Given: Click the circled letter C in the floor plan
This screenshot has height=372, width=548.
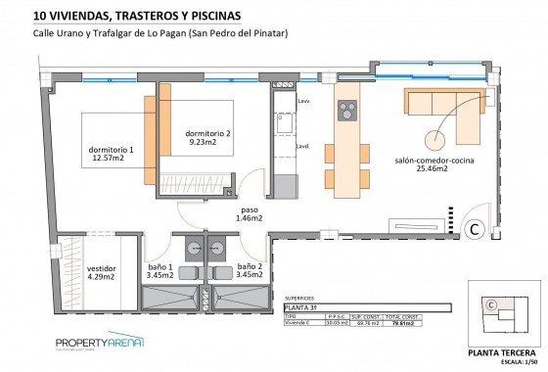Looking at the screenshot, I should (x=473, y=229).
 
